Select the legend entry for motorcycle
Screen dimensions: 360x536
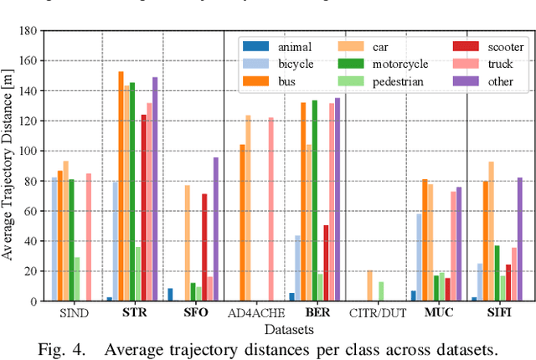tap(374, 64)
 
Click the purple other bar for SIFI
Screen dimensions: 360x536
tap(520, 239)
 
